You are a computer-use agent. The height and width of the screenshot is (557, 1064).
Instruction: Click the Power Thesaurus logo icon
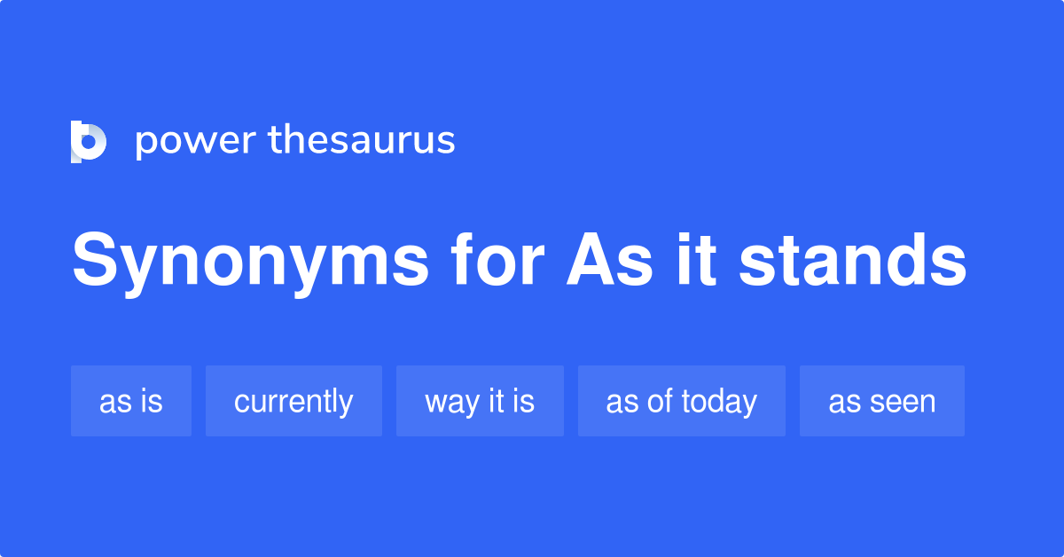click(89, 142)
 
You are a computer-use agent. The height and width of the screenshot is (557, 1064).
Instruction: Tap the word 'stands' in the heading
click(852, 261)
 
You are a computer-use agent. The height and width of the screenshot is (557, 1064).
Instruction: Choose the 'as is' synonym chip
click(131, 401)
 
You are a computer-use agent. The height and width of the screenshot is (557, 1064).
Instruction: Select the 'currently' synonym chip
click(293, 401)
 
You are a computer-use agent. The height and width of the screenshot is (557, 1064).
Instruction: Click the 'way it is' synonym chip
click(480, 401)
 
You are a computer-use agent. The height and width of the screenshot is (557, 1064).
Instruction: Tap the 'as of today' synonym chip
click(681, 401)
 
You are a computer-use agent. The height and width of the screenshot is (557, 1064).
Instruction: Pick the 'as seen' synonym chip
click(882, 401)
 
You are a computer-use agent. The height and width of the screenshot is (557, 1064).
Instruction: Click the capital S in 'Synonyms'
click(96, 261)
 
